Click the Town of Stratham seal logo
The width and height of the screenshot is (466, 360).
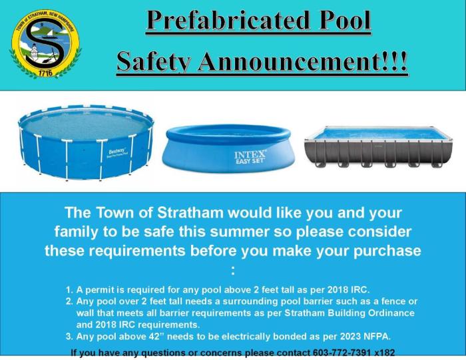[x=45, y=45]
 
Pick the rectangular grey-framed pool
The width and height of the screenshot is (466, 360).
[x=377, y=147]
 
